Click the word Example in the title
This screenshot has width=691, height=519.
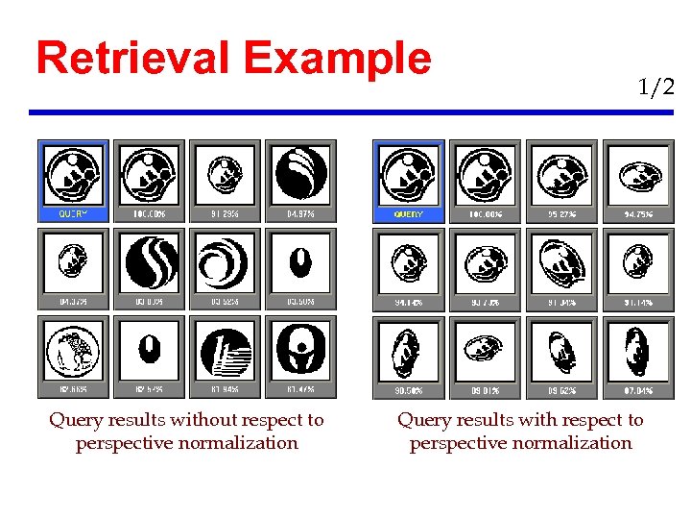click(x=338, y=60)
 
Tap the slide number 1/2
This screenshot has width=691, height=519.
click(x=655, y=87)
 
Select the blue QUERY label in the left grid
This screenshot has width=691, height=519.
click(x=74, y=214)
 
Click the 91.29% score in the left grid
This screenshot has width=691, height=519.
click(x=226, y=214)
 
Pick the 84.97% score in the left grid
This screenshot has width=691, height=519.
click(x=300, y=214)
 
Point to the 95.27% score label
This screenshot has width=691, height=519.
click(x=561, y=214)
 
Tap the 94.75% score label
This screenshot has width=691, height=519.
click(x=637, y=214)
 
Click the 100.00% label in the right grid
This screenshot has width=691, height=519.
click(x=487, y=214)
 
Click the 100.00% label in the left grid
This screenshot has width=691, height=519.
click(x=150, y=214)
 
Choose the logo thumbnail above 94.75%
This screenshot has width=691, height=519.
click(x=637, y=174)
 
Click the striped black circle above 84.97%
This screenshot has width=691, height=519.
click(x=300, y=174)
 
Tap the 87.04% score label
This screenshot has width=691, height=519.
click(x=637, y=391)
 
